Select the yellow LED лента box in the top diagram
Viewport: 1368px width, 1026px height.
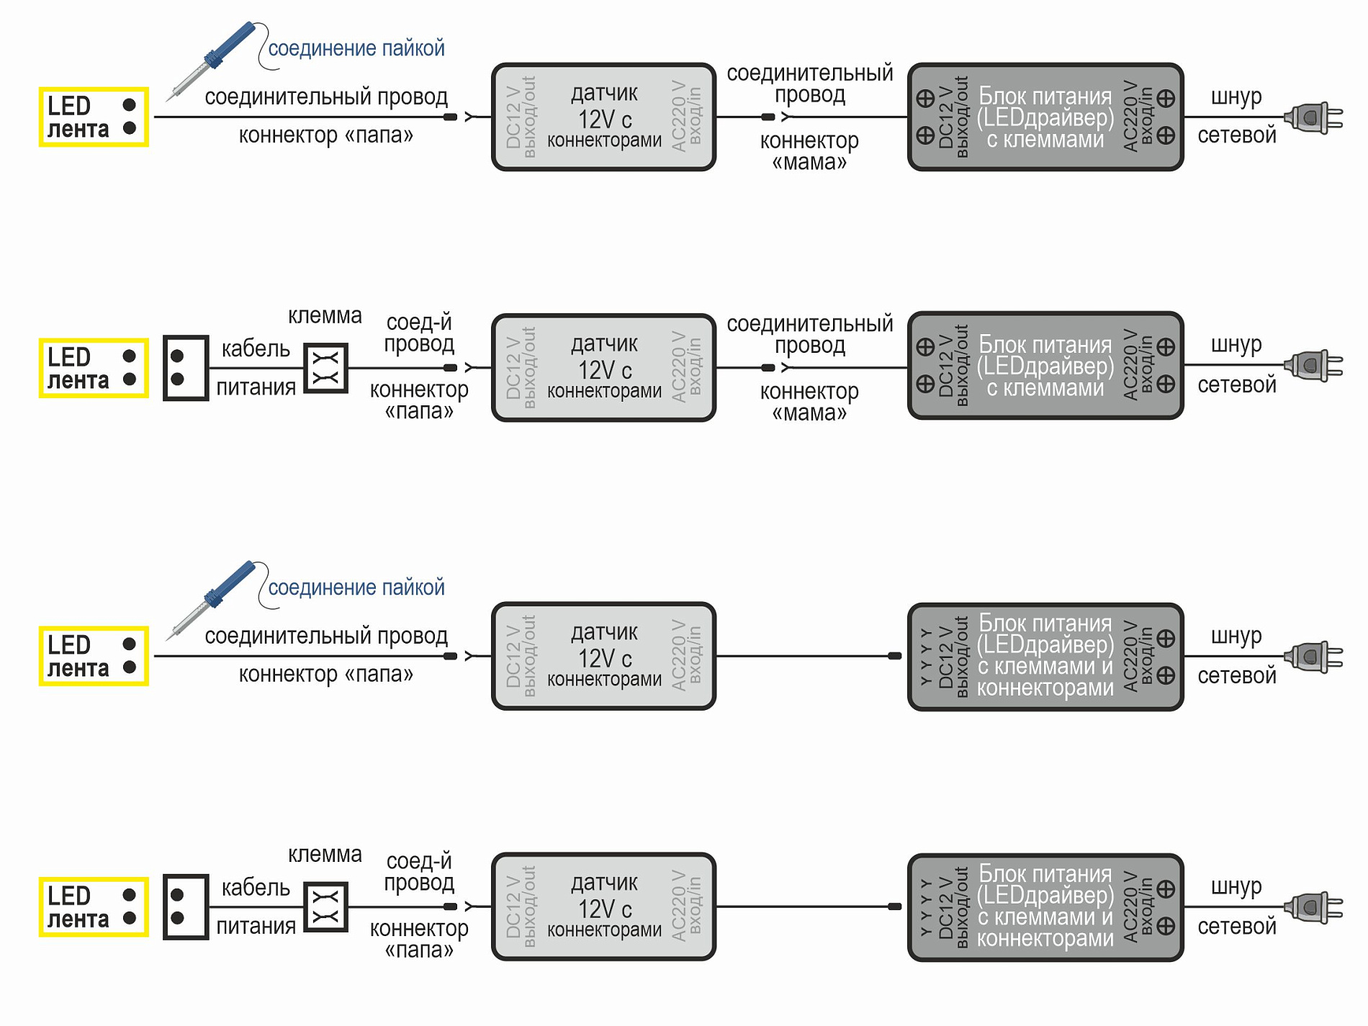point(94,117)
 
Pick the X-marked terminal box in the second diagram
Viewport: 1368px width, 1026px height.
point(325,368)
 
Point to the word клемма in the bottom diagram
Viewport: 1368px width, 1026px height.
point(325,855)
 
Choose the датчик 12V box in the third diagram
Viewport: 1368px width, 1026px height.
point(603,656)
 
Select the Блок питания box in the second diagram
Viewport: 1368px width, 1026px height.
point(1045,366)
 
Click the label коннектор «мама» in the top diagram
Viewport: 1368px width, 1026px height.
point(809,151)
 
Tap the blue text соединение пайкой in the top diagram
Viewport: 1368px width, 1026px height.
point(356,48)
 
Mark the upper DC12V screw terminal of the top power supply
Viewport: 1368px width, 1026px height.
point(925,98)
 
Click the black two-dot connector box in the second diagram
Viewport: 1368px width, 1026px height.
point(186,368)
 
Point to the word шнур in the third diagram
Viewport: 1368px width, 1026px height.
point(1236,636)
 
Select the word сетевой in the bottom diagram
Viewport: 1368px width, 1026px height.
point(1237,927)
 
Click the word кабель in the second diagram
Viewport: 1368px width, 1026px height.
point(256,349)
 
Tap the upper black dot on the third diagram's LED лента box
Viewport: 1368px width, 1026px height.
point(130,644)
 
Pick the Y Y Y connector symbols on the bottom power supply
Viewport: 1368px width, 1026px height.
point(926,907)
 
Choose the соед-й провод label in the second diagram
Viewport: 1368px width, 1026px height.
point(419,333)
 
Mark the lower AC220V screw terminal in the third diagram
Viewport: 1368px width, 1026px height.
point(1166,675)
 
